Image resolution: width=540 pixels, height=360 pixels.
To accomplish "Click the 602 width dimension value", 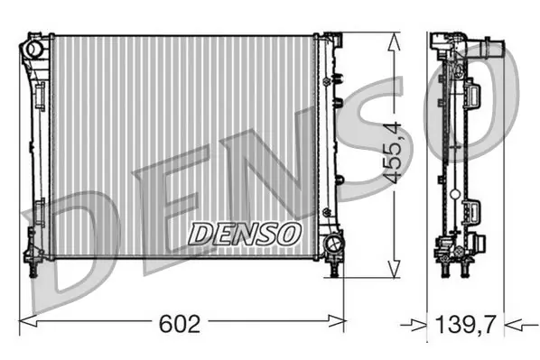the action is (180, 324).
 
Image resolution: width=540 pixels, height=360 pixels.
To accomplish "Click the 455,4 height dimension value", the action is (393, 152).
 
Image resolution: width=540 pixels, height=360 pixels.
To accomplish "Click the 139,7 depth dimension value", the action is (466, 324).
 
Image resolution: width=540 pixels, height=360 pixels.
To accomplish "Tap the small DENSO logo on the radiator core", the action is (245, 234).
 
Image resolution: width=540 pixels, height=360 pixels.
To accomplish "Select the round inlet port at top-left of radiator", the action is (33, 50).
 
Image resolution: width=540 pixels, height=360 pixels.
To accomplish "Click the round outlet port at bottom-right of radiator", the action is (333, 243).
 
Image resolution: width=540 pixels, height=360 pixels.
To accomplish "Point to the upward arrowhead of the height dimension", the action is (394, 42).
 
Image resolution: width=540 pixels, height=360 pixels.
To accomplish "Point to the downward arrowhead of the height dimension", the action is (394, 268).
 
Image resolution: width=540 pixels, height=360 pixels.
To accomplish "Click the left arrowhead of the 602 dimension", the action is (28, 322).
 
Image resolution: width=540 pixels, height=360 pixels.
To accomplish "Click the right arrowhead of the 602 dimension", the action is (336, 321).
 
